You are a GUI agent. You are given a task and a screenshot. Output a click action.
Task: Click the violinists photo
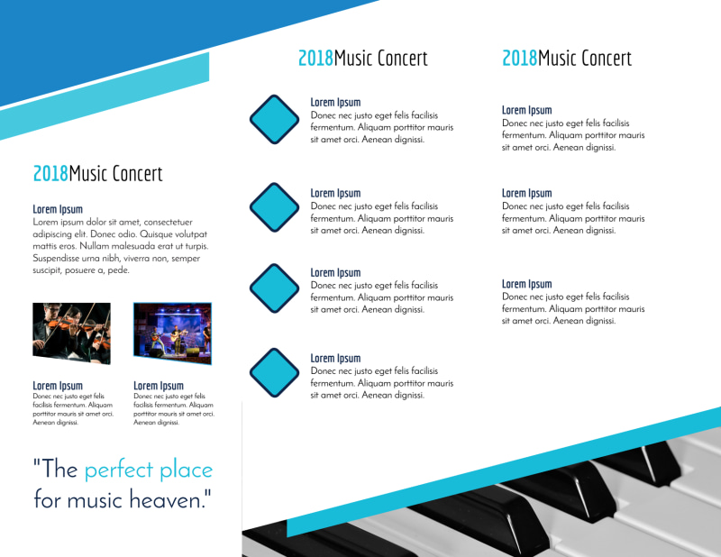pyautogui.click(x=71, y=333)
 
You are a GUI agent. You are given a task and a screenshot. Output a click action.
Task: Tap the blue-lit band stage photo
pyautogui.click(x=172, y=333)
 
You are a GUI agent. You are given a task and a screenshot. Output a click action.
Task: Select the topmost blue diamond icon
pyautogui.click(x=274, y=120)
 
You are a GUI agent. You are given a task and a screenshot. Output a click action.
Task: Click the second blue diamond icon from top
pyautogui.click(x=274, y=206)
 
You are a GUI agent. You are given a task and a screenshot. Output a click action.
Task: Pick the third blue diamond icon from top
pyautogui.click(x=274, y=288)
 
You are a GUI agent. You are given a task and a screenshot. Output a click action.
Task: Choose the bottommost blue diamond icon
pyautogui.click(x=274, y=371)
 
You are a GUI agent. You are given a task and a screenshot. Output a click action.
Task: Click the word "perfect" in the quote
pyautogui.click(x=125, y=470)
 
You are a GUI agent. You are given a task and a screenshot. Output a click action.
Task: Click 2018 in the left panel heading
pyautogui.click(x=50, y=173)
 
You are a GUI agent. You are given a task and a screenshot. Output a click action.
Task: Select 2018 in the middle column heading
pyautogui.click(x=315, y=59)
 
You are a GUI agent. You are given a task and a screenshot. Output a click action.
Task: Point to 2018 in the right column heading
pyautogui.click(x=519, y=59)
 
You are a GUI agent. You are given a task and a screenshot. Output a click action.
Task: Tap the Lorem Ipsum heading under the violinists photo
pyautogui.click(x=58, y=386)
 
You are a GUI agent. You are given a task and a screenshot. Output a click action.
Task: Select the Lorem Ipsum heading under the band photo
pyautogui.click(x=159, y=386)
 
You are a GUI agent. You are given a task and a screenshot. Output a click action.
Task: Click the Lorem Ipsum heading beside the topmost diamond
pyautogui.click(x=335, y=103)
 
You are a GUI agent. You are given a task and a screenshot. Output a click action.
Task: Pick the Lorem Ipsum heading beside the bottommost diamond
pyautogui.click(x=335, y=359)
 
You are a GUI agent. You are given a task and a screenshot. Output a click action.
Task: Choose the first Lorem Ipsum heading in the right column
pyautogui.click(x=526, y=110)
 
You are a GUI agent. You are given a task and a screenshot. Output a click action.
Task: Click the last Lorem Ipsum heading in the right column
pyautogui.click(x=526, y=284)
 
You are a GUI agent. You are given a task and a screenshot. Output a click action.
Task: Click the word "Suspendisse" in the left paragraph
pyautogui.click(x=61, y=258)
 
